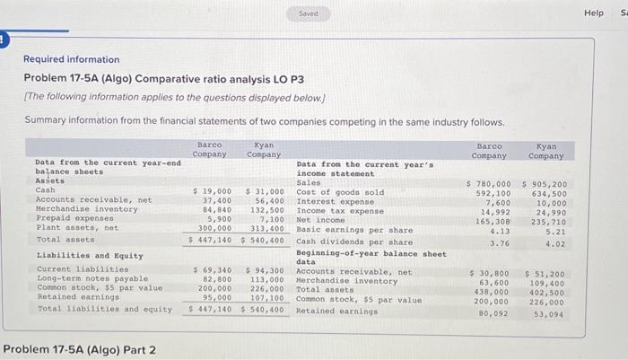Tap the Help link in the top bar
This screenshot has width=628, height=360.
[594, 13]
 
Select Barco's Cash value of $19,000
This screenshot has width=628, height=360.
[213, 191]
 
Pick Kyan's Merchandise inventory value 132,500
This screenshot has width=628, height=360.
[266, 210]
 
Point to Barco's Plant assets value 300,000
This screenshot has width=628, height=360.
[215, 229]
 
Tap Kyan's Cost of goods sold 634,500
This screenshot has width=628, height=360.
[548, 193]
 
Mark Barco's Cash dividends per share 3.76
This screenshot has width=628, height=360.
[500, 242]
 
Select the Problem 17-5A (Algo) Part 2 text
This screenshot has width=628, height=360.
[79, 350]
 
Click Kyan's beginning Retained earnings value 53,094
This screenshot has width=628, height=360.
[549, 313]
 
